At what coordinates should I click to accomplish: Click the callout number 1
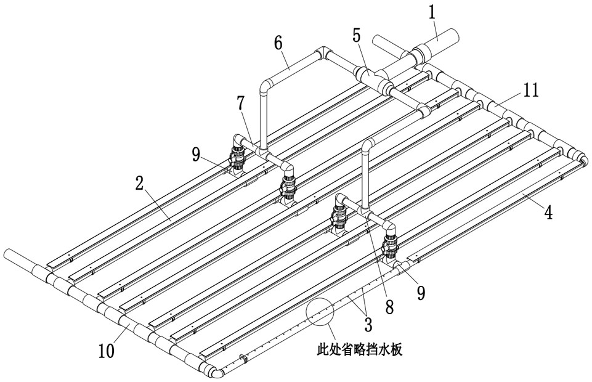pos(432,12)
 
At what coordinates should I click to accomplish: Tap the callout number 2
pos(140,185)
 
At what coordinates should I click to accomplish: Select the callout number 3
pos(368,324)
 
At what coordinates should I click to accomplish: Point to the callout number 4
pos(548,212)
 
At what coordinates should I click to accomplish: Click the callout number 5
pos(357,36)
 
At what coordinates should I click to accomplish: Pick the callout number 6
pos(278,43)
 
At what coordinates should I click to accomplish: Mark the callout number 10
pos(107,351)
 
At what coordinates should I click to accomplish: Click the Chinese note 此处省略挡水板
pos(360,350)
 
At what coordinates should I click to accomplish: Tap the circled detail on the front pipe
pos(320,312)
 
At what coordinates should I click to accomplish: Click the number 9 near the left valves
pos(195,155)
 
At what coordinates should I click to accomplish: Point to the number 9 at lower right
pos(421,293)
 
